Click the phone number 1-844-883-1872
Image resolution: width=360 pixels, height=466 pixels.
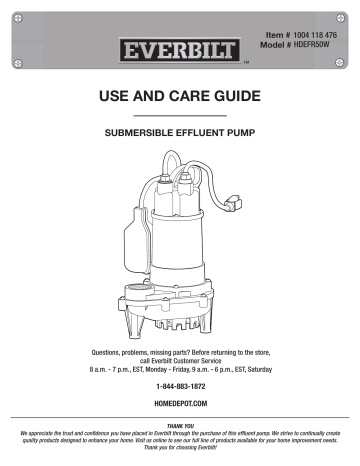click(x=180, y=383)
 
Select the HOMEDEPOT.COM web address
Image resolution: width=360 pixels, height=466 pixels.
click(x=180, y=401)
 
